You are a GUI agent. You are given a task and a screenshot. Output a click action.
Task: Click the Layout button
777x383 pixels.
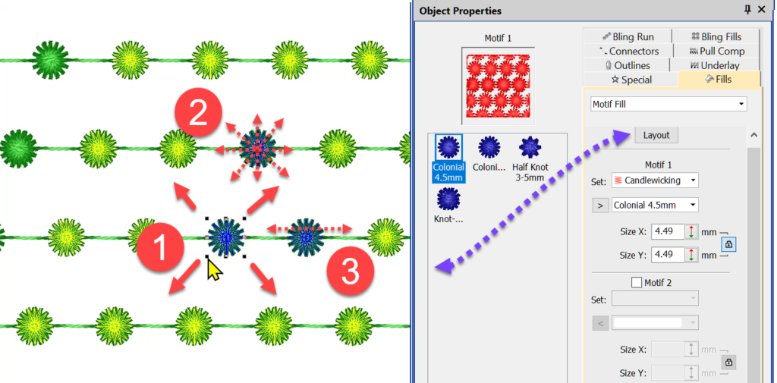pyautogui.click(x=656, y=135)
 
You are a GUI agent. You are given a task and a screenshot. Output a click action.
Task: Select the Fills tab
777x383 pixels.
pyautogui.click(x=719, y=80)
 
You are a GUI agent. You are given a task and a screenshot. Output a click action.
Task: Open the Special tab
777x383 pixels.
pyautogui.click(x=631, y=80)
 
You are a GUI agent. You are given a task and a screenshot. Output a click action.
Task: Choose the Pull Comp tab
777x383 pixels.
pyautogui.click(x=716, y=51)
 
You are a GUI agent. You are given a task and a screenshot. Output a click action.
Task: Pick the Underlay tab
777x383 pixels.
pyautogui.click(x=716, y=65)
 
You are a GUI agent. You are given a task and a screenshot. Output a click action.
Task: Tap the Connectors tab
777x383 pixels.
pyautogui.click(x=629, y=51)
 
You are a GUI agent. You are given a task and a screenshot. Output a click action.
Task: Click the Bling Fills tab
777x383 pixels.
pyautogui.click(x=716, y=36)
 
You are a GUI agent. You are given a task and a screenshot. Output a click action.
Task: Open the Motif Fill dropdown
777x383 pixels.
pyautogui.click(x=668, y=104)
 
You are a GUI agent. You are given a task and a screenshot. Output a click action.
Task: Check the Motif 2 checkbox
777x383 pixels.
pyautogui.click(x=637, y=283)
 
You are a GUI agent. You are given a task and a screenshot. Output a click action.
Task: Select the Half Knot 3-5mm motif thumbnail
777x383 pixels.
pyautogui.click(x=530, y=147)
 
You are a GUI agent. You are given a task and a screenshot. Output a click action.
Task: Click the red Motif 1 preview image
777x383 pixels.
pyautogui.click(x=498, y=85)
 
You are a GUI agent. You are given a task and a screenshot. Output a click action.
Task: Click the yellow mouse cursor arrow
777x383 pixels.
pyautogui.click(x=214, y=268)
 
